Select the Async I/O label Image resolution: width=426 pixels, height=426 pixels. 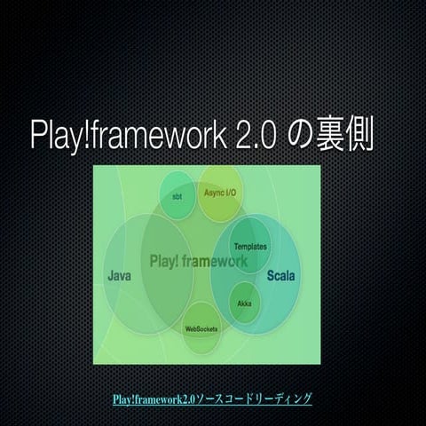tap(220, 192)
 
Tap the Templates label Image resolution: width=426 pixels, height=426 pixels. tap(250, 246)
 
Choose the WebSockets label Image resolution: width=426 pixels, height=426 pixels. tap(201, 328)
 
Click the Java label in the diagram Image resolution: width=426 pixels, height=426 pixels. tap(120, 276)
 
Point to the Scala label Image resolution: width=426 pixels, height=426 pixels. tap(281, 276)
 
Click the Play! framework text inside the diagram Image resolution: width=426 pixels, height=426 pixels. tap(199, 261)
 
